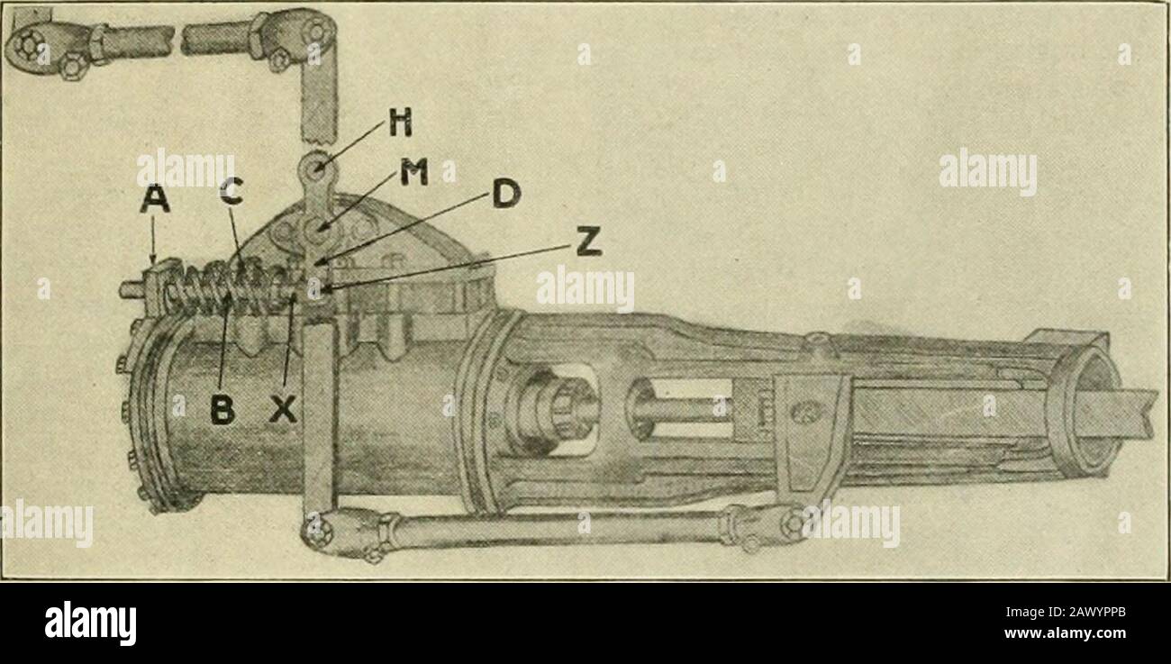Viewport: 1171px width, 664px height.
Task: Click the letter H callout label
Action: pos(401,123)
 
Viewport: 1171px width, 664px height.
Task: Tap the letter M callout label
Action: pos(414,172)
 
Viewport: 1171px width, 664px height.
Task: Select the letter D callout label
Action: pos(506,194)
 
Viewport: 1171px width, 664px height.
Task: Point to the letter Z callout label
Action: pos(588,241)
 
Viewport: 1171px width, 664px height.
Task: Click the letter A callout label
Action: pos(155,200)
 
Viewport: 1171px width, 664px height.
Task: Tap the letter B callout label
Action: pos(222,409)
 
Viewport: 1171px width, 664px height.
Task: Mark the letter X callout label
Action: pos(283,409)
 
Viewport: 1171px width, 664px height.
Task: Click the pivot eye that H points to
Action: pos(317,168)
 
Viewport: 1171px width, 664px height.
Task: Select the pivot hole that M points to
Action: pos(317,231)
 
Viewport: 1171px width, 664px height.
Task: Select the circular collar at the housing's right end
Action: pos(1082,413)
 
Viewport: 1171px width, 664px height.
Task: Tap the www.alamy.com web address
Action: pos(1065,633)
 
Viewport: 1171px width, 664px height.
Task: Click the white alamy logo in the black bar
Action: pos(90,623)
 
